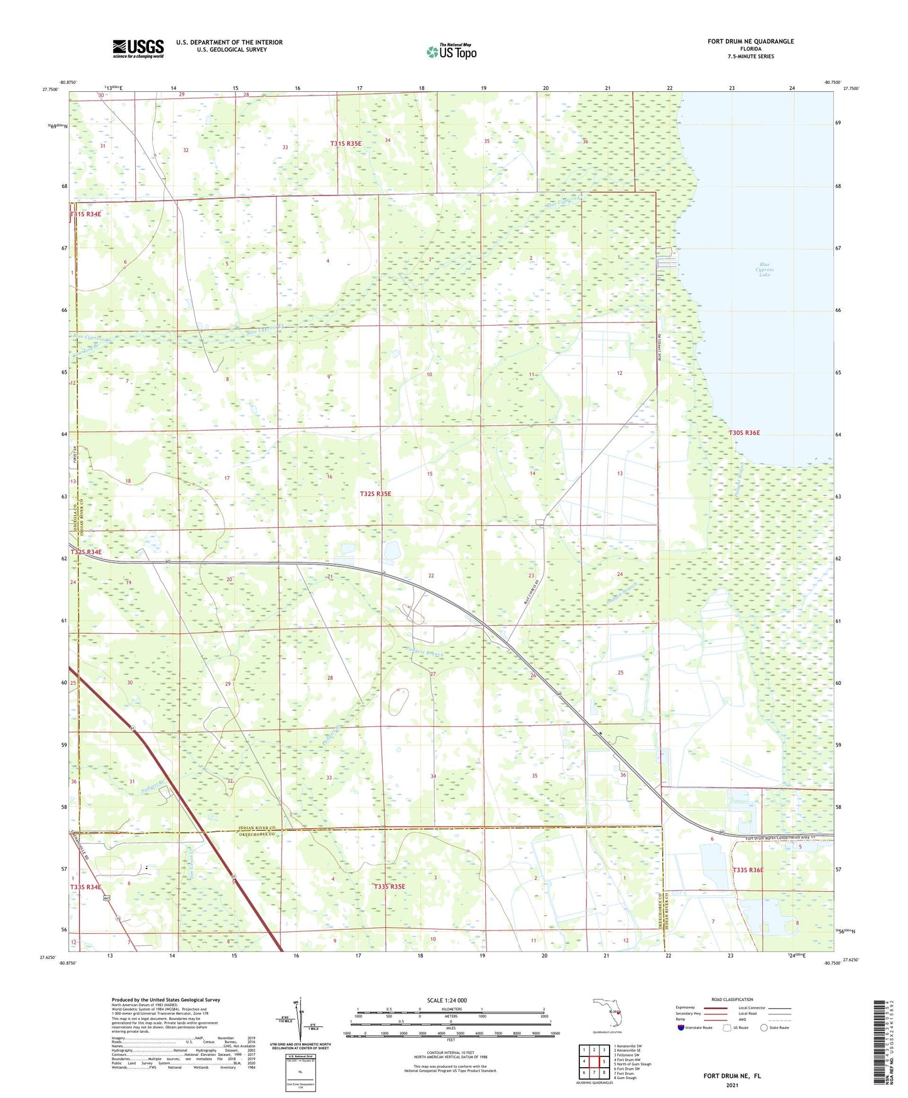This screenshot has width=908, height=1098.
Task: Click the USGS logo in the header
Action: pos(138,48)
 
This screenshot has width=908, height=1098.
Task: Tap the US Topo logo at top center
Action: pos(451,52)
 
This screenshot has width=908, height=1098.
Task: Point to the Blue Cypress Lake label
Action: pos(764,270)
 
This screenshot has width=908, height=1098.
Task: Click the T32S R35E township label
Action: pos(375,494)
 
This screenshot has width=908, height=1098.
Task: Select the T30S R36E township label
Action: pos(744,433)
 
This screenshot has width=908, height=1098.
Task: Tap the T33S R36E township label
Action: pos(748,870)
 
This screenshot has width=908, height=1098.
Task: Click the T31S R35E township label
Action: pos(346,144)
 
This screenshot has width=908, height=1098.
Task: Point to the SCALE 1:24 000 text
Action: pos(447,1001)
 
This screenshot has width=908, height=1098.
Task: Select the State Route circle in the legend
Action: pos(764,1028)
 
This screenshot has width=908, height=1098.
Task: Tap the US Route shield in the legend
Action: pos(728,1028)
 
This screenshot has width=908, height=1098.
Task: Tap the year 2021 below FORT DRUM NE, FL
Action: pos(731,1085)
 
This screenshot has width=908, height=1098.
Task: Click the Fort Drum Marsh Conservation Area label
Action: pos(780,838)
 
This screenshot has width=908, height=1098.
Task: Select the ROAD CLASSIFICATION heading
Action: pos(732,999)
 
